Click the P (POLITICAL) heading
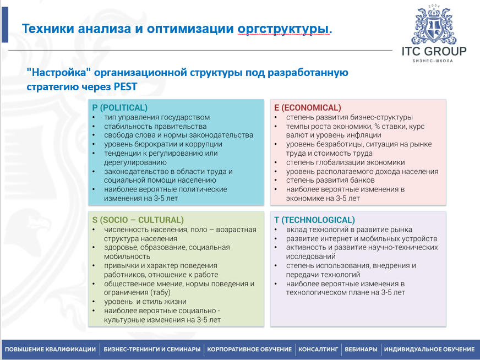pyautogui.click(x=119, y=108)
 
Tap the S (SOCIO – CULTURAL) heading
pyautogui.click(x=138, y=220)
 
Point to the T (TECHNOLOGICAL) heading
pyautogui.click(x=314, y=220)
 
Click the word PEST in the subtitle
pyautogui.click(x=125, y=86)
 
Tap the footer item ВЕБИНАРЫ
pyautogui.click(x=361, y=350)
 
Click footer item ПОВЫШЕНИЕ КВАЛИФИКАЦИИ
pyautogui.click(x=50, y=350)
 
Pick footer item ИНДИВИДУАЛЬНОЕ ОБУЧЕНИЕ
pyautogui.click(x=429, y=350)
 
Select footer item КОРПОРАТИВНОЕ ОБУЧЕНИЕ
pyautogui.click(x=249, y=350)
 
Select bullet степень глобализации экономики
pyautogui.click(x=345, y=162)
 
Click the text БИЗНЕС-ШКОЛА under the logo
pyautogui.click(x=432, y=61)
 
